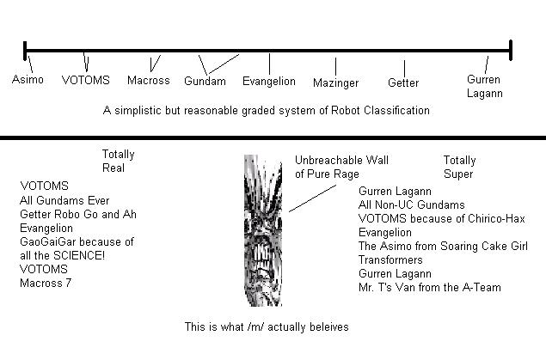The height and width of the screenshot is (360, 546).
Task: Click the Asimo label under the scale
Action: [x=28, y=80]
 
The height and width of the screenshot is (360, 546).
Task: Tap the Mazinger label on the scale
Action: [x=335, y=83]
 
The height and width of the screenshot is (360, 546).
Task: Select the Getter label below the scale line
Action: [x=403, y=83]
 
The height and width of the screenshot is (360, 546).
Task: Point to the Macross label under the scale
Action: [x=149, y=81]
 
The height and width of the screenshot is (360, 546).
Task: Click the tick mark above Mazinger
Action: [x=335, y=65]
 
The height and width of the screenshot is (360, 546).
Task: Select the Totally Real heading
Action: [x=119, y=162]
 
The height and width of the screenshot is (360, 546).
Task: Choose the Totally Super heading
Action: [x=459, y=168]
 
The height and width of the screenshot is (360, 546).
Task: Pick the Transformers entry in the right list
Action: [x=391, y=260]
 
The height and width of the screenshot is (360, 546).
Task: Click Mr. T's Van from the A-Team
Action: [x=429, y=288]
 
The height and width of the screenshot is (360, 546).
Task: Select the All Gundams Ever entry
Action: [x=64, y=200]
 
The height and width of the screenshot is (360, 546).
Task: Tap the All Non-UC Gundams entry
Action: [x=411, y=204]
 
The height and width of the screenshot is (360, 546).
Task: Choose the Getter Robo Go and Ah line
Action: [x=78, y=214]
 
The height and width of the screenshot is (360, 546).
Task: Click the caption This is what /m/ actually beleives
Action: [x=267, y=327]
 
